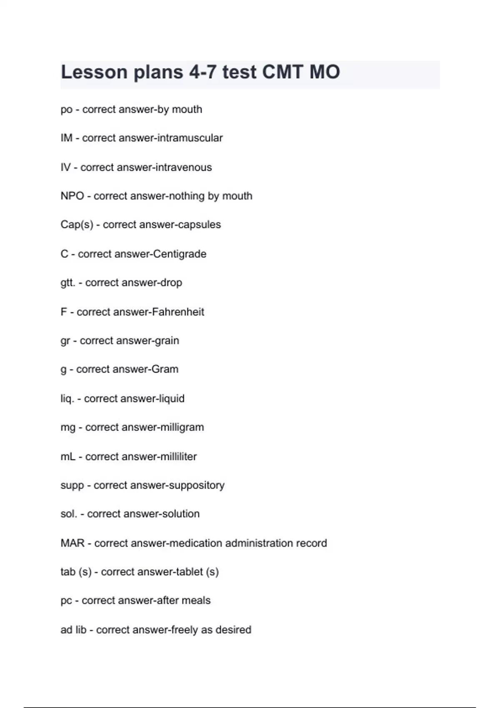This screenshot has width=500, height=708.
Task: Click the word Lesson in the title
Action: click(94, 72)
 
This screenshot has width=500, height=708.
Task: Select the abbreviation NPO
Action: click(72, 196)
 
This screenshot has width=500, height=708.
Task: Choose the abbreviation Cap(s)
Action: click(77, 224)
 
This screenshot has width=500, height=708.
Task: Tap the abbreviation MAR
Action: click(72, 543)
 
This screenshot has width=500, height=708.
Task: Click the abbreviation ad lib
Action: click(73, 630)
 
